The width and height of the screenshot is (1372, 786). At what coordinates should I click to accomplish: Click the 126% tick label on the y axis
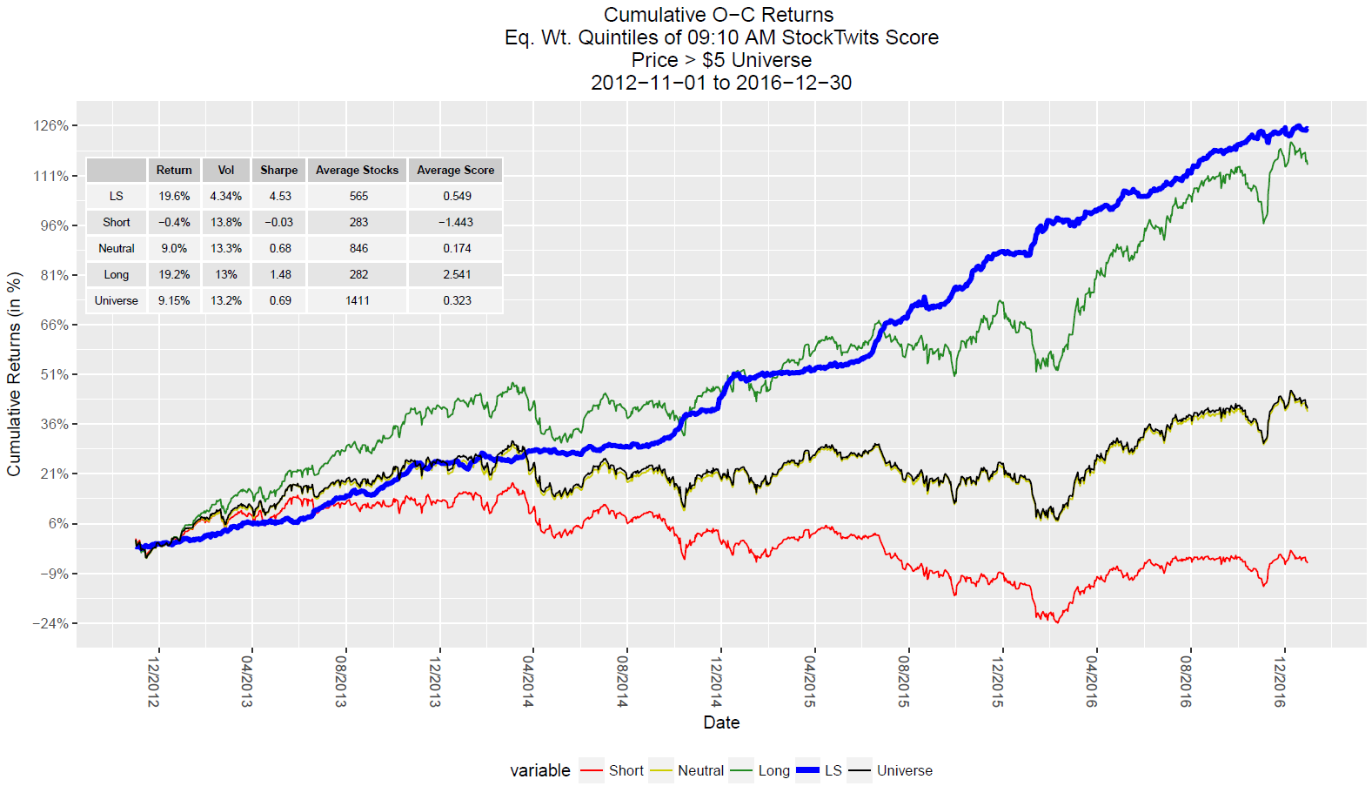pos(50,126)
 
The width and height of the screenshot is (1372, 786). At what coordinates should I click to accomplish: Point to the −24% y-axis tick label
pos(50,624)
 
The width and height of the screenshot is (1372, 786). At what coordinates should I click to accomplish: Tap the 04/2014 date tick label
pos(528,681)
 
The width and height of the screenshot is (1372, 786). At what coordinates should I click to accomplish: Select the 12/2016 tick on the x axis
pos(1279,681)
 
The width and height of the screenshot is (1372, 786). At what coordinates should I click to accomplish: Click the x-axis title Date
pos(721,722)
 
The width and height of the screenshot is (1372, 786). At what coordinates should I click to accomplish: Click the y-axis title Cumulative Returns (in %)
pos(14,374)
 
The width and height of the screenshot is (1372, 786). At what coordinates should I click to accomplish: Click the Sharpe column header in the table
pos(278,171)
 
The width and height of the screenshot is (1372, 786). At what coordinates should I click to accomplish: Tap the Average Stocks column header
pos(357,171)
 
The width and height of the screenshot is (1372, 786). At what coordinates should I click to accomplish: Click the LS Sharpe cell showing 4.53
pos(280,197)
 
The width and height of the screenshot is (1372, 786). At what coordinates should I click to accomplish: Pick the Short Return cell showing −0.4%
pos(174,223)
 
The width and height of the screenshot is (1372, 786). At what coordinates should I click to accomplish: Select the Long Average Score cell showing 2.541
pos(457,275)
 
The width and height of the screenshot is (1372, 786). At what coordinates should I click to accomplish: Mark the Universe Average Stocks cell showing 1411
pos(358,301)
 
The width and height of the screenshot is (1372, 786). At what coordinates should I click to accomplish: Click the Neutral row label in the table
pos(117,249)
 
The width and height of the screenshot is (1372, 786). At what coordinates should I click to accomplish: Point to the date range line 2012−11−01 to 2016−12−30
pos(721,83)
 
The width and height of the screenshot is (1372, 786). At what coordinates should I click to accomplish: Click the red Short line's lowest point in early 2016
pos(1057,621)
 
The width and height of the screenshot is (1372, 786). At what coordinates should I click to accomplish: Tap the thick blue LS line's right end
pos(1307,130)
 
